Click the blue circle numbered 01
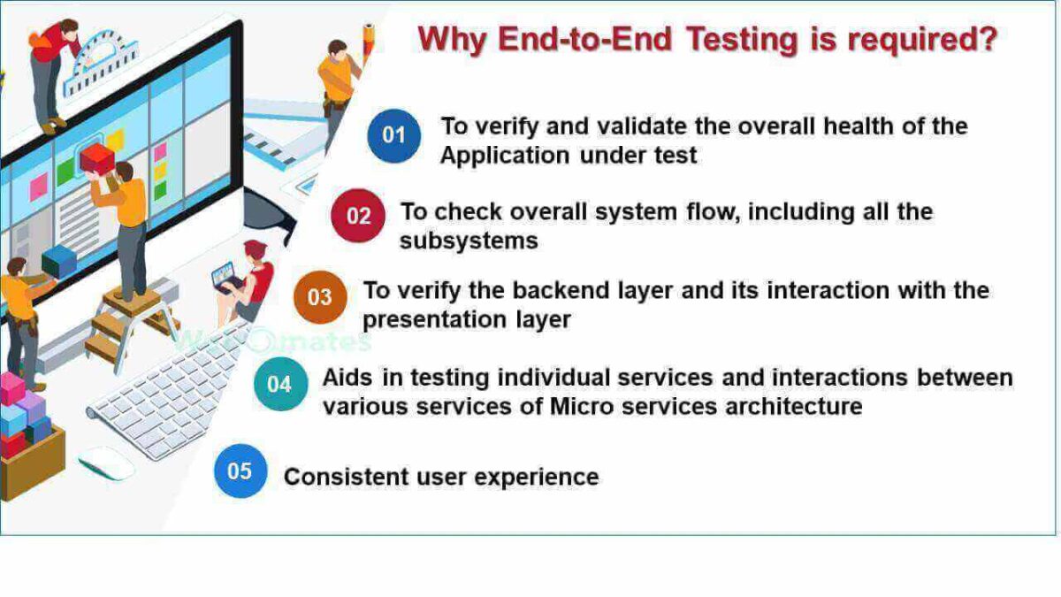click(x=393, y=136)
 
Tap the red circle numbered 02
click(x=358, y=216)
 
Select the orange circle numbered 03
click(x=320, y=297)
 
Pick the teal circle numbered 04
click(x=280, y=384)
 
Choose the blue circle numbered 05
click(x=240, y=471)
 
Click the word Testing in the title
click(x=742, y=39)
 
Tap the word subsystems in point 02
click(x=469, y=241)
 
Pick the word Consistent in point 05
click(x=347, y=477)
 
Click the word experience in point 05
click(x=537, y=478)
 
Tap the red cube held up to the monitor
click(x=97, y=158)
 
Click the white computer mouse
click(x=106, y=463)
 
